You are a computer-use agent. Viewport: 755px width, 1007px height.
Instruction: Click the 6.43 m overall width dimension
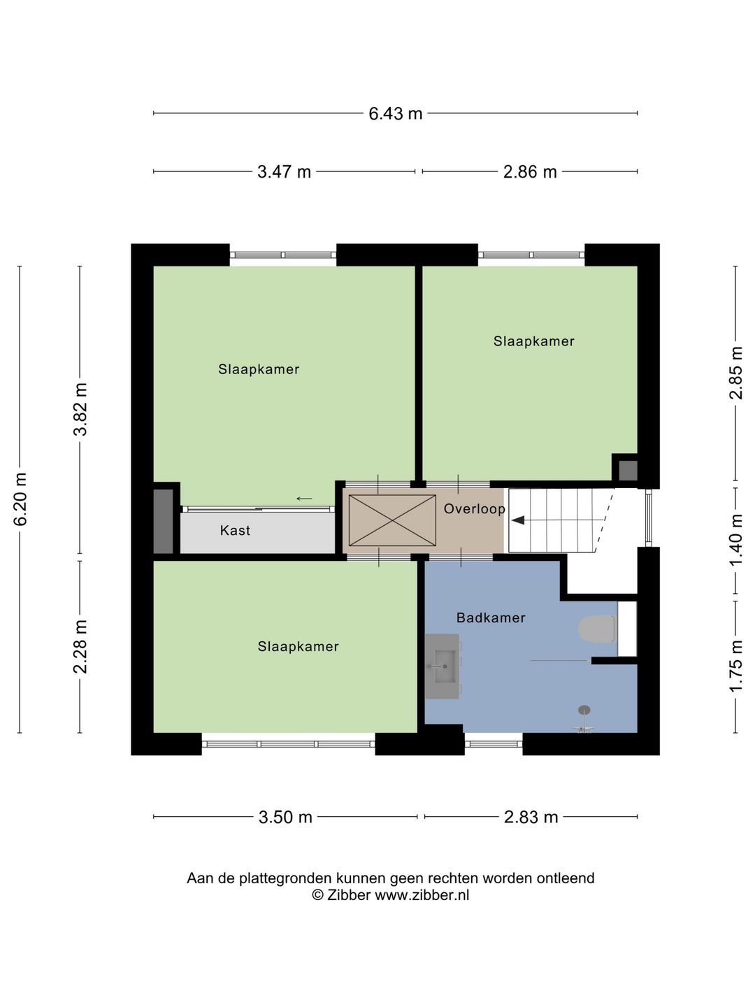pyautogui.click(x=395, y=113)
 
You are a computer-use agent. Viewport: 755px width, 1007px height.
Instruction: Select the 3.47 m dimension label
pyautogui.click(x=284, y=171)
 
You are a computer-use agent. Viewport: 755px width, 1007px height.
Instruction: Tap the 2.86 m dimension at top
pyautogui.click(x=530, y=171)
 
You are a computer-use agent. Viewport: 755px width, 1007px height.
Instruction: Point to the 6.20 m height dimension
pyautogui.click(x=20, y=499)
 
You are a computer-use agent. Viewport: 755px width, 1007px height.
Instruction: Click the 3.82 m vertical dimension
pyautogui.click(x=80, y=409)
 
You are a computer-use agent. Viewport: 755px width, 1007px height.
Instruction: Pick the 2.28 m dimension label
pyautogui.click(x=80, y=647)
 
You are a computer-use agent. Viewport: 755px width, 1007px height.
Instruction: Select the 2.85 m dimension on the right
pyautogui.click(x=735, y=373)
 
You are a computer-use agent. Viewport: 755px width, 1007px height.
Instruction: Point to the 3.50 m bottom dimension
pyautogui.click(x=285, y=817)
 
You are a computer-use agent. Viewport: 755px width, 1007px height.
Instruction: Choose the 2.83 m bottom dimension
pyautogui.click(x=531, y=817)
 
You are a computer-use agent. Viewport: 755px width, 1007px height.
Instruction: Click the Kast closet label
pyautogui.click(x=235, y=531)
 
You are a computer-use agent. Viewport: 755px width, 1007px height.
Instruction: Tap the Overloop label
pyautogui.click(x=474, y=508)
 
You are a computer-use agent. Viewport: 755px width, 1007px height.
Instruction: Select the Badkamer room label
pyautogui.click(x=491, y=617)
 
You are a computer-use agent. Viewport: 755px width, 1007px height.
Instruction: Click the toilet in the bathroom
pyautogui.click(x=596, y=629)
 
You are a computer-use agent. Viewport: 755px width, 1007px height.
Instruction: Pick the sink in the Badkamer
pyautogui.click(x=442, y=666)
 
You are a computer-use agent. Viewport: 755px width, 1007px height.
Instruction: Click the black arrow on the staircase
pyautogui.click(x=518, y=520)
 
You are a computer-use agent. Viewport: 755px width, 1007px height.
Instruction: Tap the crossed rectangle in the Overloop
pyautogui.click(x=392, y=520)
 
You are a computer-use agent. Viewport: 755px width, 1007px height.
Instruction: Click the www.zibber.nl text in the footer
pyautogui.click(x=422, y=895)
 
